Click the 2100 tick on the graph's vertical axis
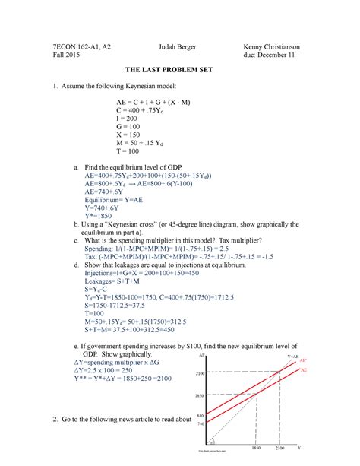pyautogui.click(x=201, y=374)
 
